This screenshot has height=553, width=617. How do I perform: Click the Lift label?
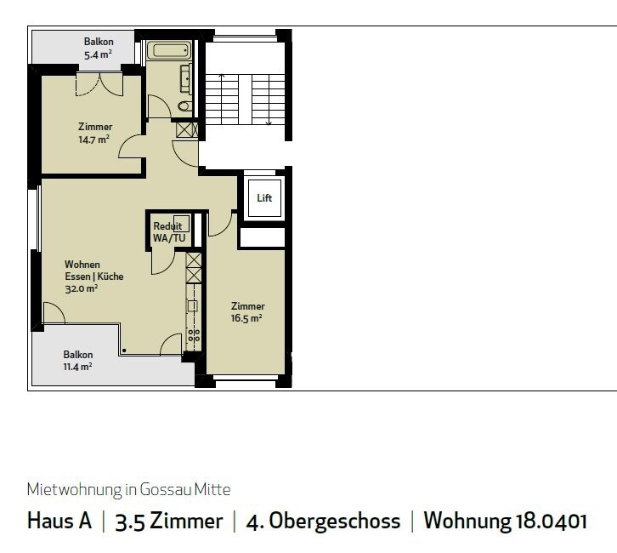[x=264, y=197]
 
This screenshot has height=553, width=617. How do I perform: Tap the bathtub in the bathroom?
[x=169, y=50]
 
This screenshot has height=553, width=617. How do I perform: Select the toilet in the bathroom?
[x=184, y=105]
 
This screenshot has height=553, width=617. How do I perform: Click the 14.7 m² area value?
[x=93, y=140]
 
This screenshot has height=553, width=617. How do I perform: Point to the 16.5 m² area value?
[x=246, y=318]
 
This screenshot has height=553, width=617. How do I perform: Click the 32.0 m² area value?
[x=82, y=288]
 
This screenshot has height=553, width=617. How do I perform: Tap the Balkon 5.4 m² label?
[x=99, y=48]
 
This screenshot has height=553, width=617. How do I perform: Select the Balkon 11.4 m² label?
[x=78, y=361]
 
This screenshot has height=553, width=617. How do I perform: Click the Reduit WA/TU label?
[x=169, y=232]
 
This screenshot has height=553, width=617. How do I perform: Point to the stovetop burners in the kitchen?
[x=194, y=335]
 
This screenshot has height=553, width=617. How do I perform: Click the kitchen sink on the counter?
[x=192, y=306]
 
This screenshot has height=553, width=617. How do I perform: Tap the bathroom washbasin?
[x=186, y=79]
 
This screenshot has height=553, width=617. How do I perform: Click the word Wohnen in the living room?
[x=82, y=265]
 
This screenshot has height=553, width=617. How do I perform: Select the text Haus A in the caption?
[x=59, y=521]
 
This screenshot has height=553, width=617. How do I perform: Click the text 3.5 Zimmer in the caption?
[x=169, y=521]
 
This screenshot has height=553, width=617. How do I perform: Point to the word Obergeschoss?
[x=335, y=522]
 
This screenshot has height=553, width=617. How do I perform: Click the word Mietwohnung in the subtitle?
[x=75, y=489]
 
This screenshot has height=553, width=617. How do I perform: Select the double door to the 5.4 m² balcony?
[x=99, y=84]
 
